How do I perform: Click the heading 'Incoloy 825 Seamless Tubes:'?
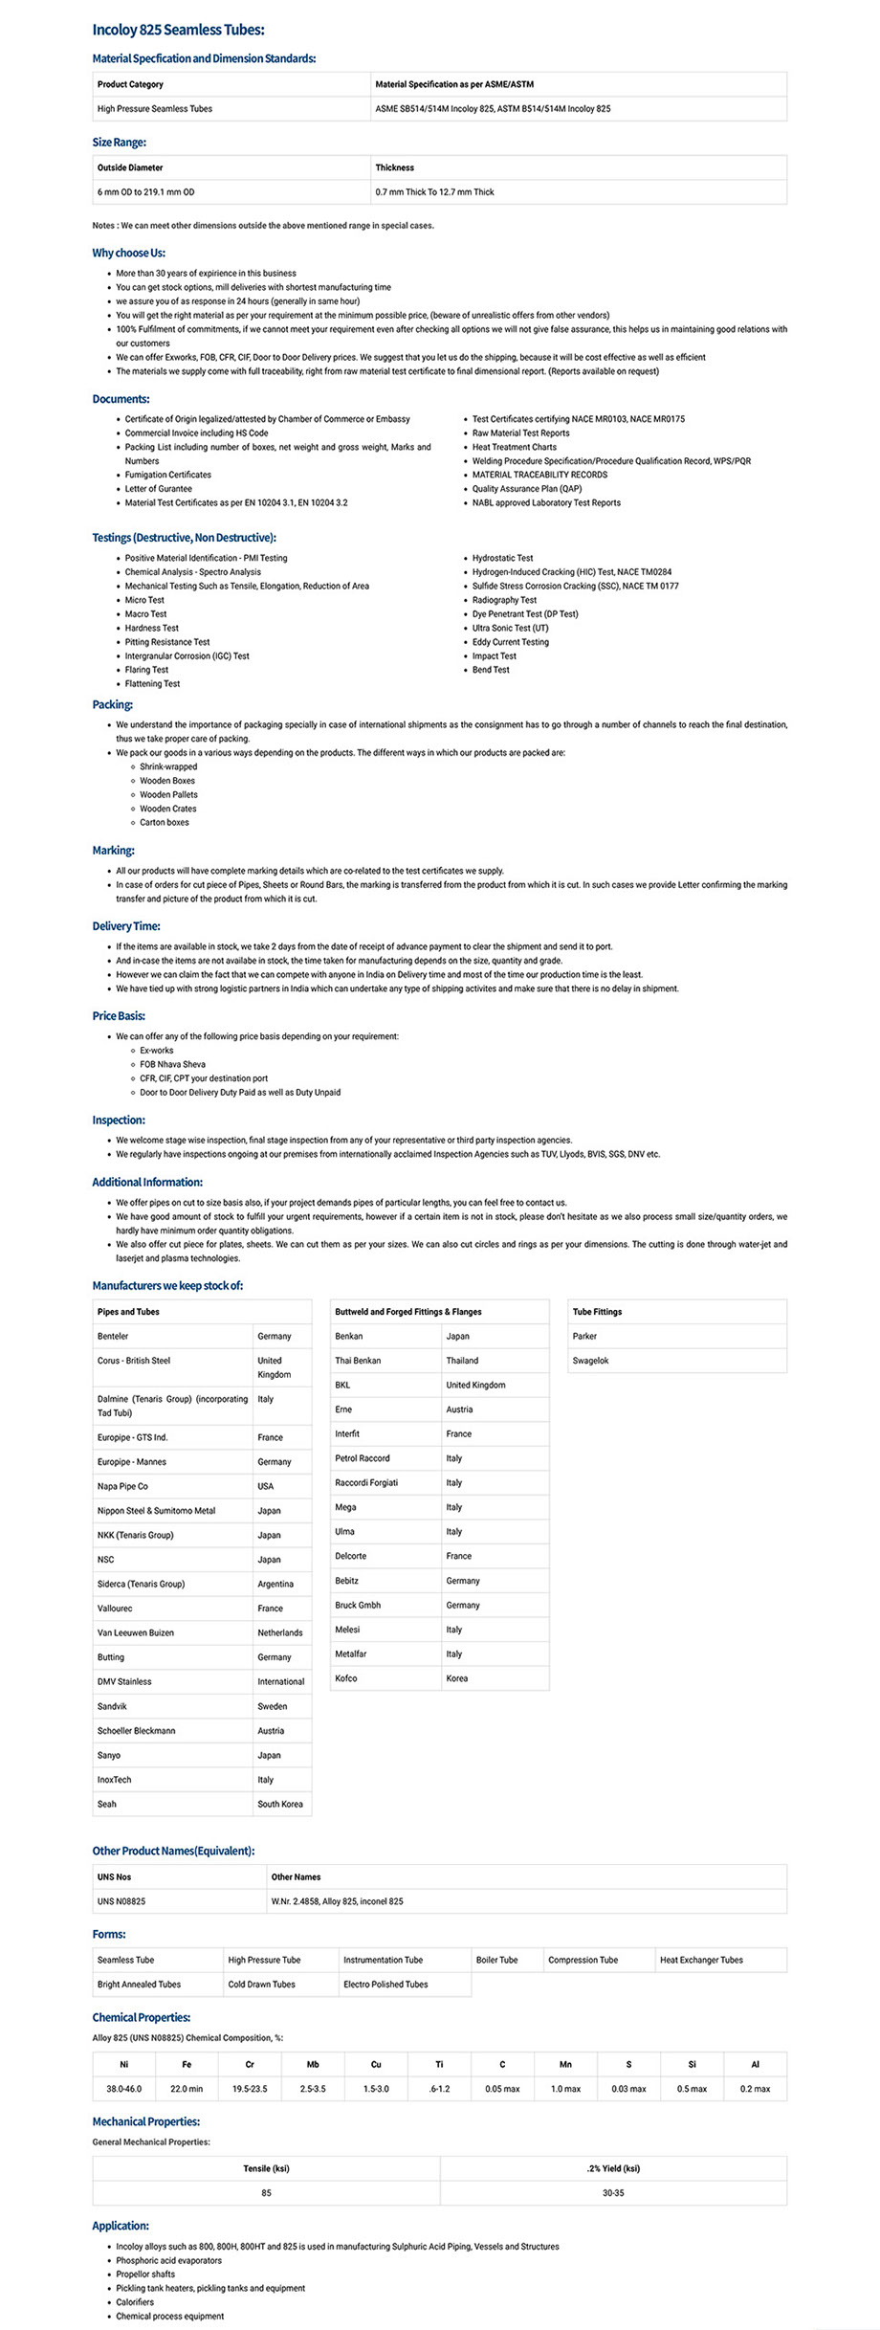[x=178, y=31]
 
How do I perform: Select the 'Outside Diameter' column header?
[x=130, y=167]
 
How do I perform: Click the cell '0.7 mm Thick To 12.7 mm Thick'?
[x=434, y=192]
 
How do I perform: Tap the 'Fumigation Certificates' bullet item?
[x=167, y=475]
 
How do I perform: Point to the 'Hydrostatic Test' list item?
[x=502, y=558]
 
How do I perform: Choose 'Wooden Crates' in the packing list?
[x=168, y=809]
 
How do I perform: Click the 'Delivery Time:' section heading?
[x=126, y=926]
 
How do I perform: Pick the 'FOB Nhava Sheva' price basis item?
[x=172, y=1064]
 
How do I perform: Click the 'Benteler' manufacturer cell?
[x=113, y=1336]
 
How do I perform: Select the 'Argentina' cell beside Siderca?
[x=275, y=1584]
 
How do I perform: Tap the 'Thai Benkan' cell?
[x=358, y=1361]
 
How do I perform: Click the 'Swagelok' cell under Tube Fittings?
[x=590, y=1361]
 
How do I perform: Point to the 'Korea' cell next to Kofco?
[x=457, y=1678]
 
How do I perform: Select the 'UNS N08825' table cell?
[x=121, y=1901]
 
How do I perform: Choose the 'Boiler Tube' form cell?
[x=496, y=1960]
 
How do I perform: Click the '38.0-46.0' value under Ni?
[x=123, y=2089]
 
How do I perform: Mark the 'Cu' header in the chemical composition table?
[x=376, y=2064]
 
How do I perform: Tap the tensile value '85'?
[x=266, y=2192]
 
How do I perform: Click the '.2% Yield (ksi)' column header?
[x=613, y=2168]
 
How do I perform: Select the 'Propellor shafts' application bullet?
[x=145, y=2275]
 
